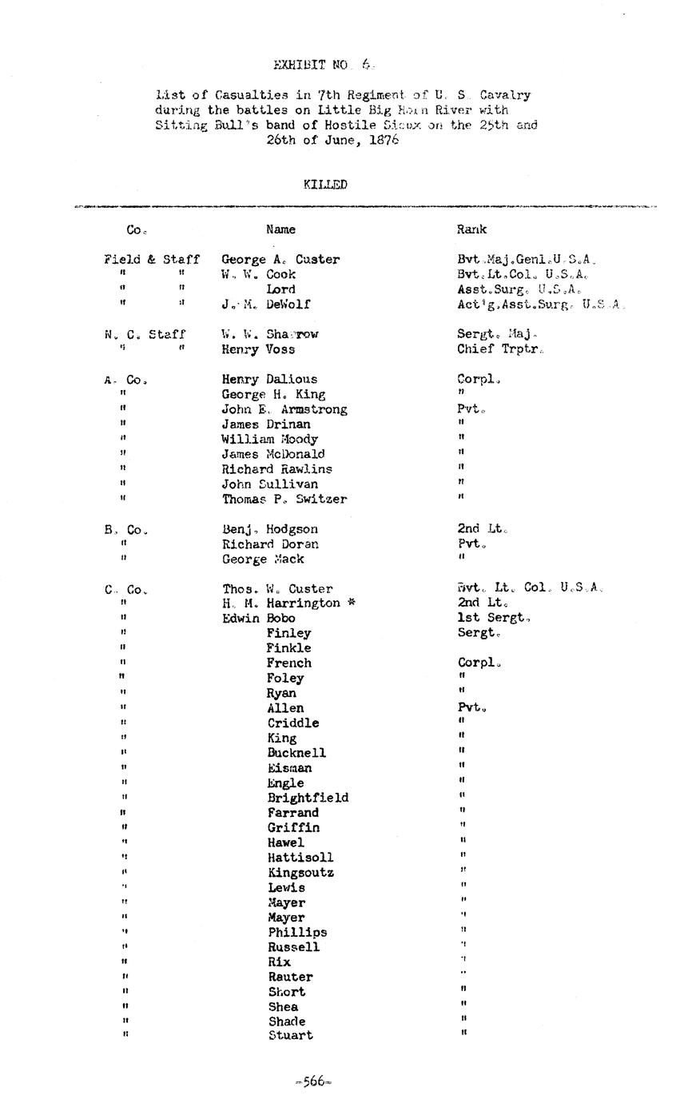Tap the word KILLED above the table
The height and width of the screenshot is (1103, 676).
point(325,185)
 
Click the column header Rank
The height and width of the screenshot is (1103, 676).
point(471,229)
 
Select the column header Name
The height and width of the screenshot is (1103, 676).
point(280,229)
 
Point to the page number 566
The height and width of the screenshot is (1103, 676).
point(313,1082)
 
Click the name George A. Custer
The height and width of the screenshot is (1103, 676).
point(280,260)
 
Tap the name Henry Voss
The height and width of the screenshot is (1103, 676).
point(258,349)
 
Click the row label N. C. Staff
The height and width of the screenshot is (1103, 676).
point(145,334)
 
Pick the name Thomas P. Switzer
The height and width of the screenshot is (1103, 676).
point(284,500)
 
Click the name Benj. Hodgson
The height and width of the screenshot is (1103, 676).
point(270,529)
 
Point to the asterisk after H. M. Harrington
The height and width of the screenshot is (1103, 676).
point(349,603)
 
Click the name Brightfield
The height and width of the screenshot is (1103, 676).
point(308,798)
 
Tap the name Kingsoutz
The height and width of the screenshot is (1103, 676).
point(300,873)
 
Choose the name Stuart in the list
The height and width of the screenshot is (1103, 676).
point(290,1036)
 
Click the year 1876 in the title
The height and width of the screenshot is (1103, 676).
point(384,140)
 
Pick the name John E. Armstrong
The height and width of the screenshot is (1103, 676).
point(284,409)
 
